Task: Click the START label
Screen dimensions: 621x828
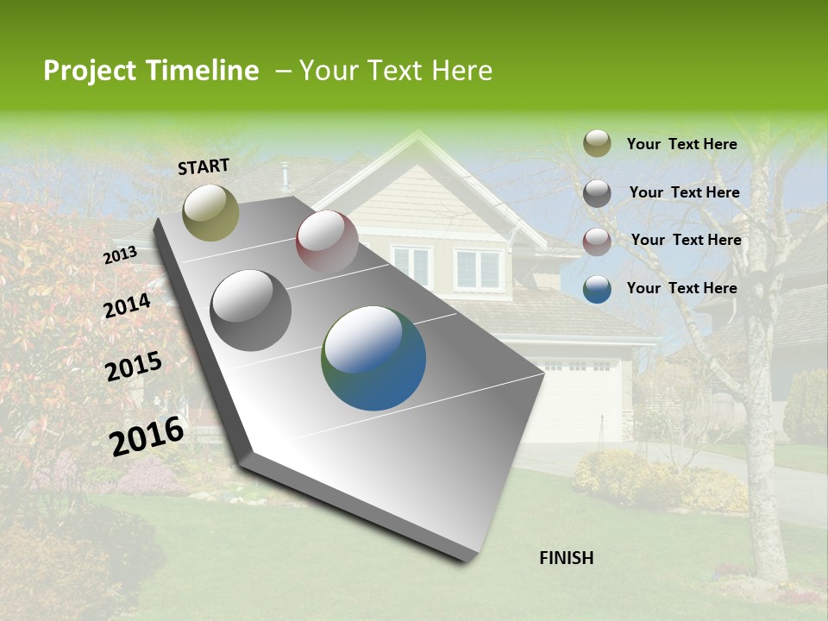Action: pyautogui.click(x=204, y=166)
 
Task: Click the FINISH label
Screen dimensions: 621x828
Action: pyautogui.click(x=567, y=558)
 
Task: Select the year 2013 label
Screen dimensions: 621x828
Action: pyautogui.click(x=120, y=255)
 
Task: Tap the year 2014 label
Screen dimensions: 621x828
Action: pyautogui.click(x=128, y=306)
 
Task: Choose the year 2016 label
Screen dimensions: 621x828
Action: pyautogui.click(x=147, y=436)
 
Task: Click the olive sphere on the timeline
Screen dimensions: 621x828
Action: pyautogui.click(x=210, y=213)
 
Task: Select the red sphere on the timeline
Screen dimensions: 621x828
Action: pyautogui.click(x=327, y=241)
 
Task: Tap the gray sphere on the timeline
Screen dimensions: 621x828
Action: pyautogui.click(x=251, y=310)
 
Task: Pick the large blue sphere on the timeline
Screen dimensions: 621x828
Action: pyautogui.click(x=373, y=358)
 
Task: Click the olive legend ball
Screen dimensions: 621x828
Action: pyautogui.click(x=597, y=144)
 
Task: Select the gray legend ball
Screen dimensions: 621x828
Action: pyautogui.click(x=597, y=193)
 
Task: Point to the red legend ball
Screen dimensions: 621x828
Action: pyautogui.click(x=597, y=241)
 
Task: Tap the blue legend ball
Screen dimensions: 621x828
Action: pyautogui.click(x=597, y=289)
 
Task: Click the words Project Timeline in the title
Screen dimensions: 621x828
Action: pyautogui.click(x=151, y=71)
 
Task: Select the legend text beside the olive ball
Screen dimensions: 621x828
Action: pyautogui.click(x=682, y=144)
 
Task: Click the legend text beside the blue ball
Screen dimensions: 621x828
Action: pyautogui.click(x=682, y=288)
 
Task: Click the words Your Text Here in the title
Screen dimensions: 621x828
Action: pyautogui.click(x=396, y=71)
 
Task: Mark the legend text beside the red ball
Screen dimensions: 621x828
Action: pyautogui.click(x=687, y=240)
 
